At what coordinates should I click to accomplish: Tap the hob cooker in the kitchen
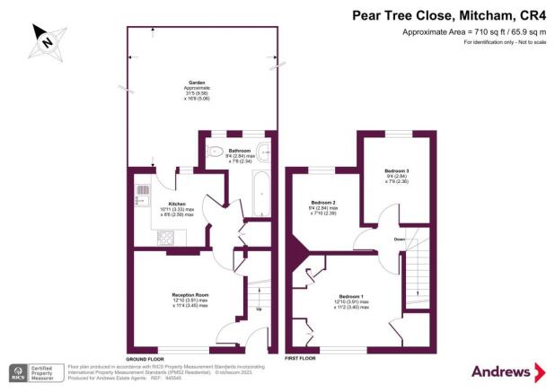tap(166, 238)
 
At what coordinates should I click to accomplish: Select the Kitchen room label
tap(152, 205)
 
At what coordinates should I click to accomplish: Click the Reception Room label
tap(189, 295)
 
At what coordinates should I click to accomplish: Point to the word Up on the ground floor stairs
tap(259, 311)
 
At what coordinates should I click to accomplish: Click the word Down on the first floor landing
tap(399, 240)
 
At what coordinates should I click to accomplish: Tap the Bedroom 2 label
tap(322, 204)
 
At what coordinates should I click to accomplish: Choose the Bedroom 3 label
tap(396, 170)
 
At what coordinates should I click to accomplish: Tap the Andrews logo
tap(508, 371)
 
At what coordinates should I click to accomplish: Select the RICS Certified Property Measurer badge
tap(31, 372)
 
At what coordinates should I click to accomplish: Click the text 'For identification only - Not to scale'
tap(504, 43)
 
